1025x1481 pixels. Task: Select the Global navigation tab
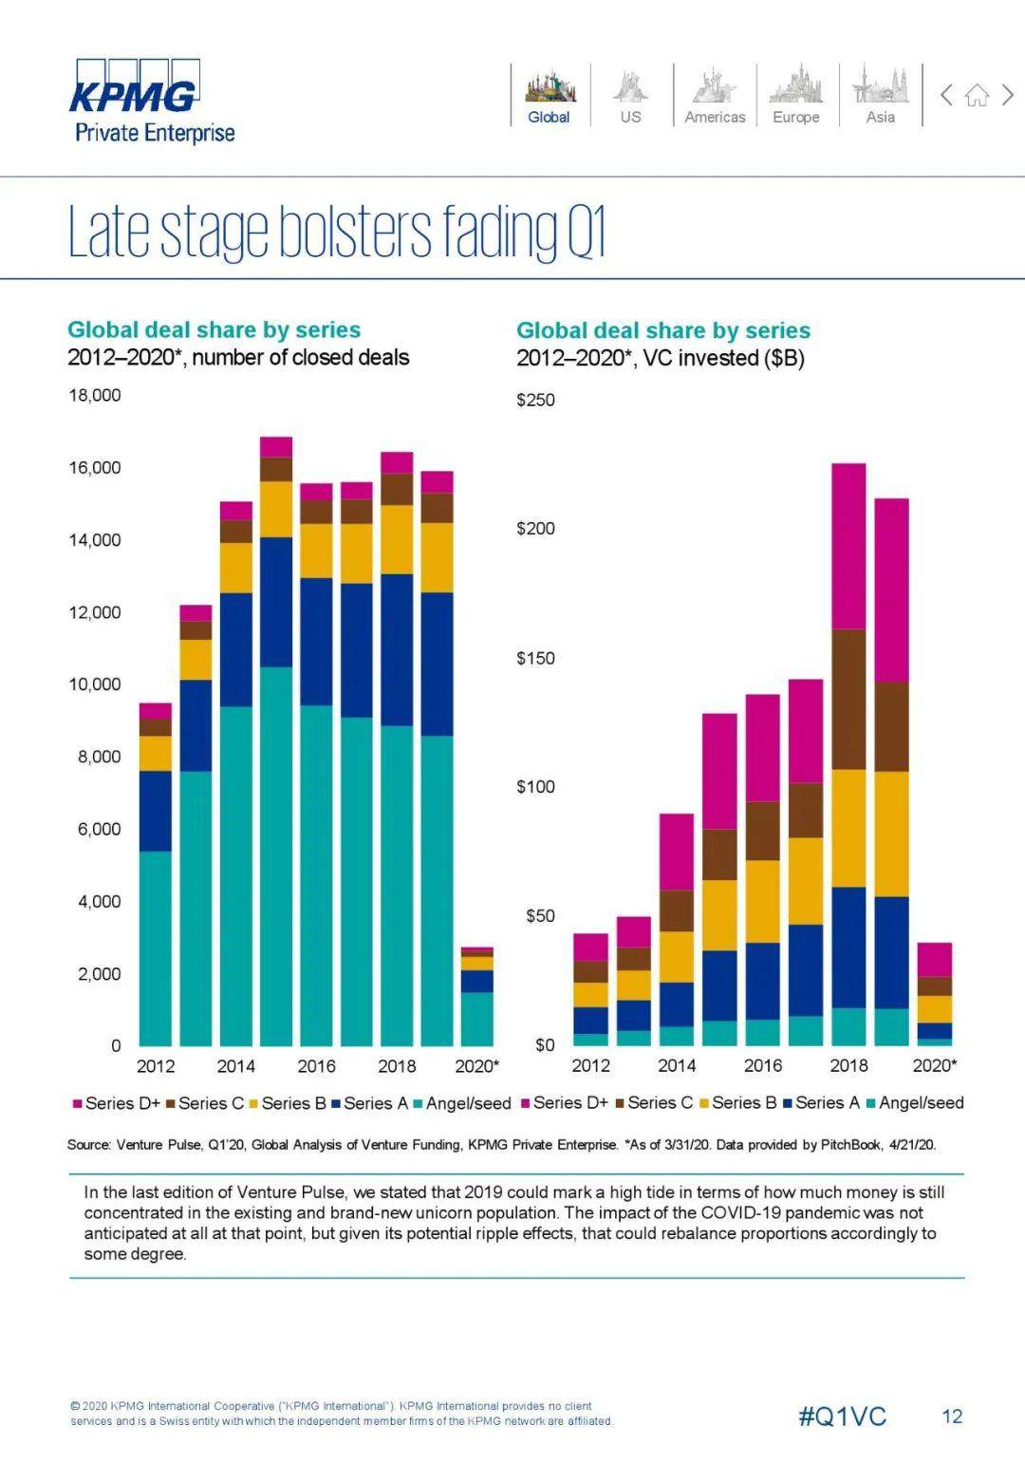click(550, 96)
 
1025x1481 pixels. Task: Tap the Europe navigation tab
click(795, 96)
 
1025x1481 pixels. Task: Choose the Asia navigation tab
click(880, 96)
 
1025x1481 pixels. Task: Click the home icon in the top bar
click(977, 95)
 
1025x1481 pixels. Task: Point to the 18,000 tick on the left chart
click(94, 395)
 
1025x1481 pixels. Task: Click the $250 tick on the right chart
click(535, 400)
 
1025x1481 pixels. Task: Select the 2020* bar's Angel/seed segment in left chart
click(477, 1019)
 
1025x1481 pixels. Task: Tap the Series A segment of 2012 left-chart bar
click(156, 811)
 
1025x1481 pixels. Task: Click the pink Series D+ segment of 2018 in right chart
click(848, 546)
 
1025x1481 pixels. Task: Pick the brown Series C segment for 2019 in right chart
click(891, 726)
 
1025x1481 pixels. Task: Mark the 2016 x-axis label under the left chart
click(316, 1066)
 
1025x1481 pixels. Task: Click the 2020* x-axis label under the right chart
click(934, 1065)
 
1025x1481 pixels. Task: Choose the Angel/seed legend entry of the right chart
click(921, 1102)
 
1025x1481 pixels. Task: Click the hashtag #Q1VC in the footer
click(842, 1416)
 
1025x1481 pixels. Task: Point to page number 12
click(952, 1416)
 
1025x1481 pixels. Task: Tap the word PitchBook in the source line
click(850, 1144)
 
